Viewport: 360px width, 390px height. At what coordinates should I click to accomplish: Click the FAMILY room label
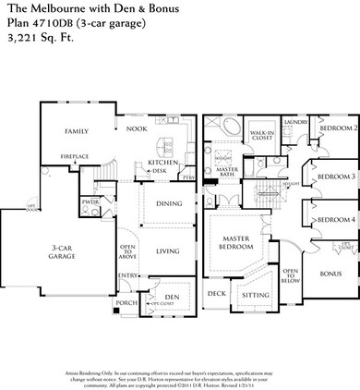pos(76,132)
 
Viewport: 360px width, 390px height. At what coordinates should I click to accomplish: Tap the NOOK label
pos(137,129)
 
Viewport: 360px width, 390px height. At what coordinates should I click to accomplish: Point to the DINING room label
pos(168,203)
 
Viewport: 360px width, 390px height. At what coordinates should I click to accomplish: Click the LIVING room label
pos(167,250)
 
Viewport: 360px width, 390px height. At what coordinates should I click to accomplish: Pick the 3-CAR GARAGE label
pos(36,251)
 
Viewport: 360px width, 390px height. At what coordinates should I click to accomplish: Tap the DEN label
pos(170,297)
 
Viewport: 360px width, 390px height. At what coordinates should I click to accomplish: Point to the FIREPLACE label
pos(75,156)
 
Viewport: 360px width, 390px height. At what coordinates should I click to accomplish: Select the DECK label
pos(216,294)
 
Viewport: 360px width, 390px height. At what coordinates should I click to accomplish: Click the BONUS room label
pos(330,274)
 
